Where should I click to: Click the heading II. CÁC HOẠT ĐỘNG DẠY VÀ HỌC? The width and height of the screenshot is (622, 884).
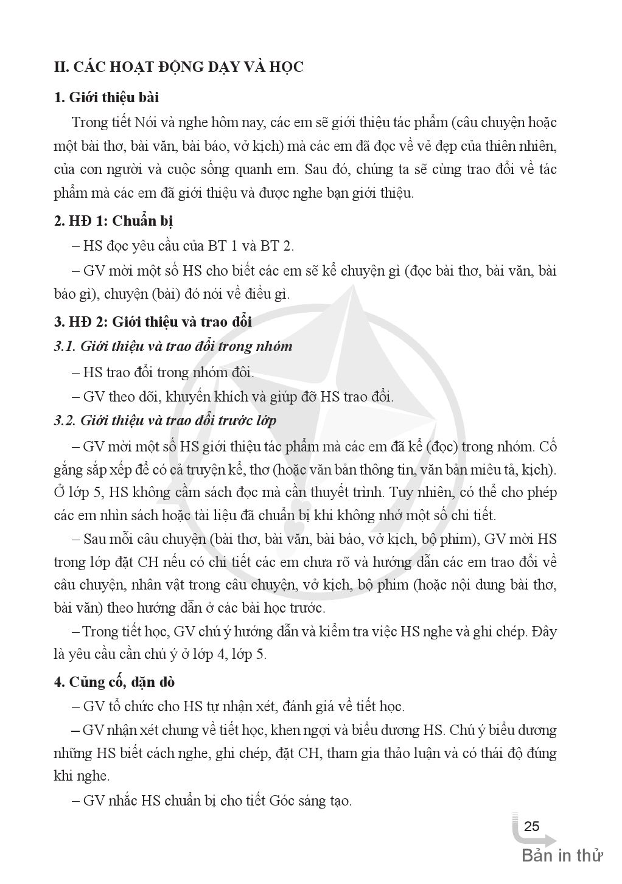(x=178, y=67)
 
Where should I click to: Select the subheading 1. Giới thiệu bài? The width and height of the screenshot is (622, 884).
(x=107, y=97)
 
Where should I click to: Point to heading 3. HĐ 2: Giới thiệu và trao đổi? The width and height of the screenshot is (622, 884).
(x=153, y=322)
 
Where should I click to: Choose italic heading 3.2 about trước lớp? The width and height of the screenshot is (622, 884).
(x=165, y=420)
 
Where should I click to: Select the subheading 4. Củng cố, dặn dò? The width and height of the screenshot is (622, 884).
(x=114, y=682)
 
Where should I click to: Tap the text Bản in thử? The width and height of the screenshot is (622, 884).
(x=562, y=855)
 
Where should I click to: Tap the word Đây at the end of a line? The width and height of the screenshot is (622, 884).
(x=544, y=632)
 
